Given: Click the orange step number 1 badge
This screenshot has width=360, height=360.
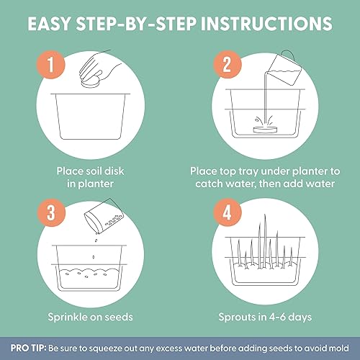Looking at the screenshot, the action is (x=50, y=64).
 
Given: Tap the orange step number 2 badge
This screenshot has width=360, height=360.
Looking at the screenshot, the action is (x=228, y=64).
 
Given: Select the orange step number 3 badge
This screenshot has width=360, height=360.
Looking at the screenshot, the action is (x=51, y=212).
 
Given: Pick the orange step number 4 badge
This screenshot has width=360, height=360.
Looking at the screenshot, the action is (x=228, y=212).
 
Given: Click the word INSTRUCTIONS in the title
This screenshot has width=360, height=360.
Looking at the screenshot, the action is (x=266, y=24).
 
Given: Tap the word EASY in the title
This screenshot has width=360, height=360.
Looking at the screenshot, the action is (x=49, y=24).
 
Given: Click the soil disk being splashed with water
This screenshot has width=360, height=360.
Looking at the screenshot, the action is (x=265, y=130).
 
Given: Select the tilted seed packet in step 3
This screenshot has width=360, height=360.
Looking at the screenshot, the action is (x=104, y=217).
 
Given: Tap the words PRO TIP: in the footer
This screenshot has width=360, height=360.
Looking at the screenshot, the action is (x=28, y=348).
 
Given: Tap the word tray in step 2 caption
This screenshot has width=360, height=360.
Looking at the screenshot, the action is (x=249, y=172).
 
